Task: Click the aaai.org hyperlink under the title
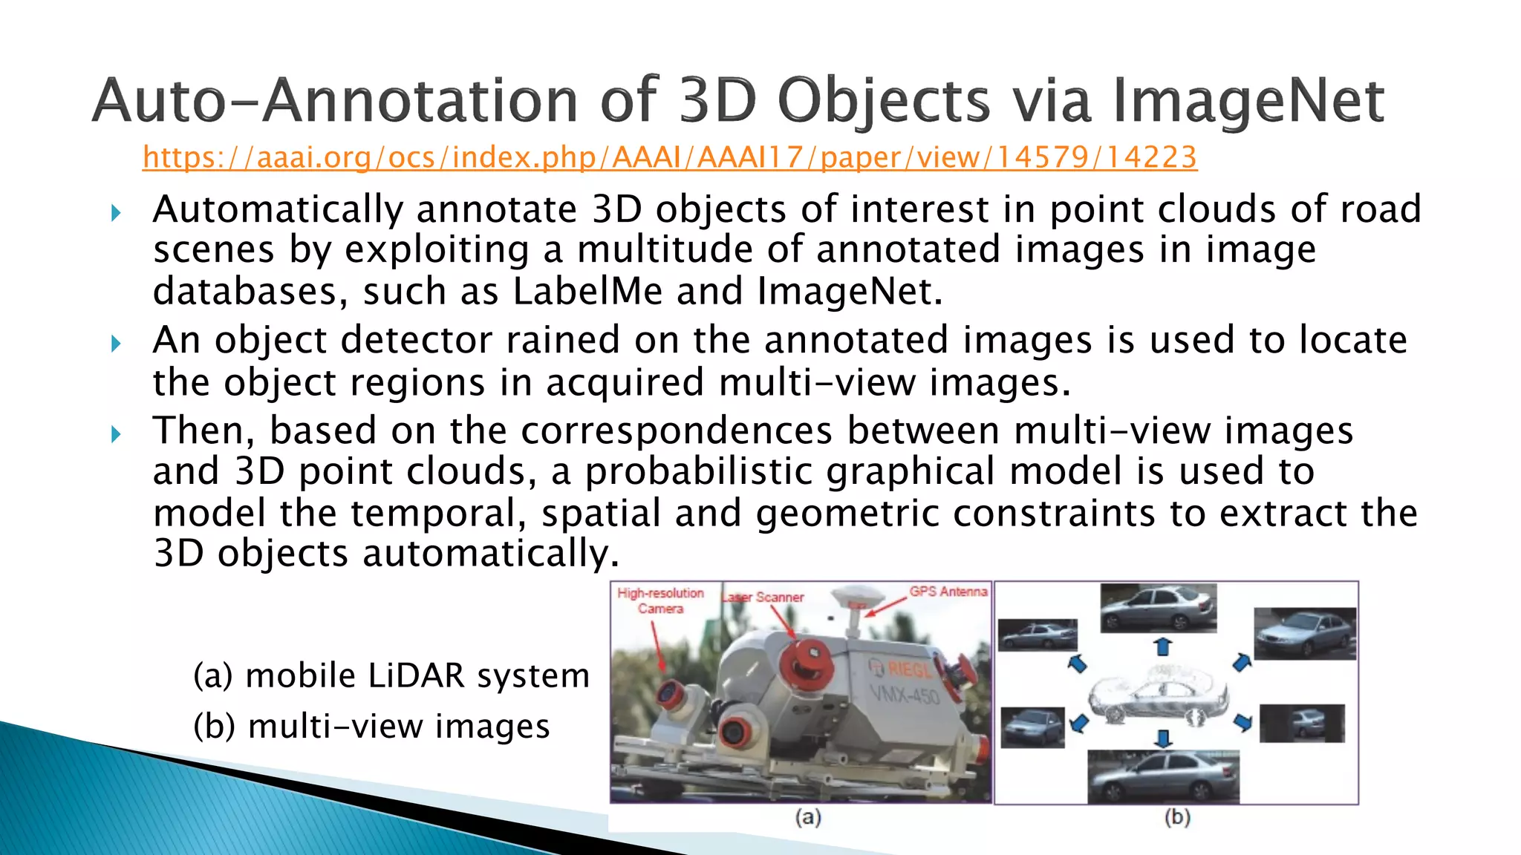[669, 157]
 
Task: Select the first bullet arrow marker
[116, 214]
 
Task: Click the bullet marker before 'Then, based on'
[116, 434]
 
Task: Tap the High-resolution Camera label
[660, 600]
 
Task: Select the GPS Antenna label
[948, 592]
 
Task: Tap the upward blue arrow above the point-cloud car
[1163, 646]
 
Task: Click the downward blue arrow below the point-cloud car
[1163, 738]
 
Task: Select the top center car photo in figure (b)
[1158, 607]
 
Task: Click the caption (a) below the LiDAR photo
[807, 817]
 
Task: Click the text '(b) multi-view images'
[371, 726]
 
